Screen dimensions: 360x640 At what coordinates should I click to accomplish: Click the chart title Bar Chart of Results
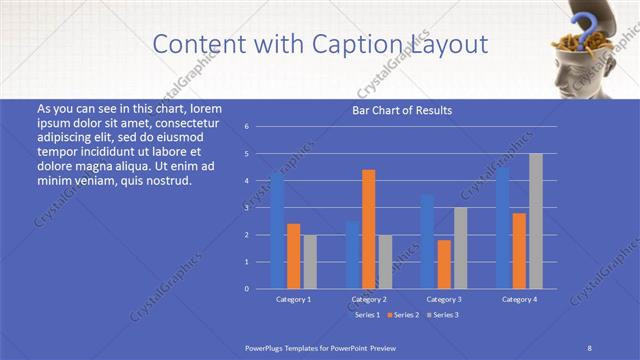(x=402, y=110)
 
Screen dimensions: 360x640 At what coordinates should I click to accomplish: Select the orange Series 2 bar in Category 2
(x=369, y=229)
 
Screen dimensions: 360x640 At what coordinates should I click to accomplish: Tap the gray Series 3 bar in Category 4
(x=536, y=221)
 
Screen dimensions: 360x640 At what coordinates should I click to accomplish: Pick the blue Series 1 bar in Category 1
(x=277, y=231)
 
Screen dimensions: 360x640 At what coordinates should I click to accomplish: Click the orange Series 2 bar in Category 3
(x=444, y=264)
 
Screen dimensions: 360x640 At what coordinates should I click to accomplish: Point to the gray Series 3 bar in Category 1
(x=310, y=261)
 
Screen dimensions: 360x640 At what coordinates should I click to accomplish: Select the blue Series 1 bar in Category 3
(x=427, y=241)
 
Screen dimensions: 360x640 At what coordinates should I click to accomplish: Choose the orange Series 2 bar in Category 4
(x=519, y=250)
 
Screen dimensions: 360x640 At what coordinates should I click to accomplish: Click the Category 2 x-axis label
(x=369, y=299)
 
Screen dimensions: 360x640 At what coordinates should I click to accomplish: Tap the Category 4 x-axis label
(x=519, y=299)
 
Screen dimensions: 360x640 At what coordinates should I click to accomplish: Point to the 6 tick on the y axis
(x=246, y=127)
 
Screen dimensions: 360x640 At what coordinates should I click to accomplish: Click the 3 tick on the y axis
(x=246, y=208)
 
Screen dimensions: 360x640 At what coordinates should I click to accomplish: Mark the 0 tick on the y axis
(x=246, y=289)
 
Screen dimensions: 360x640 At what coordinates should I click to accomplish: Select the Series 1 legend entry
(x=366, y=315)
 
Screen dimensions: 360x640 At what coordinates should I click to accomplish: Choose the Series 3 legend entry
(x=444, y=315)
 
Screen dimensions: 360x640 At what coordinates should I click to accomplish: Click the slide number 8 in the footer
(x=589, y=346)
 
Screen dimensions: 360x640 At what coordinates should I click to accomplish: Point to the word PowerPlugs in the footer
(x=266, y=346)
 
